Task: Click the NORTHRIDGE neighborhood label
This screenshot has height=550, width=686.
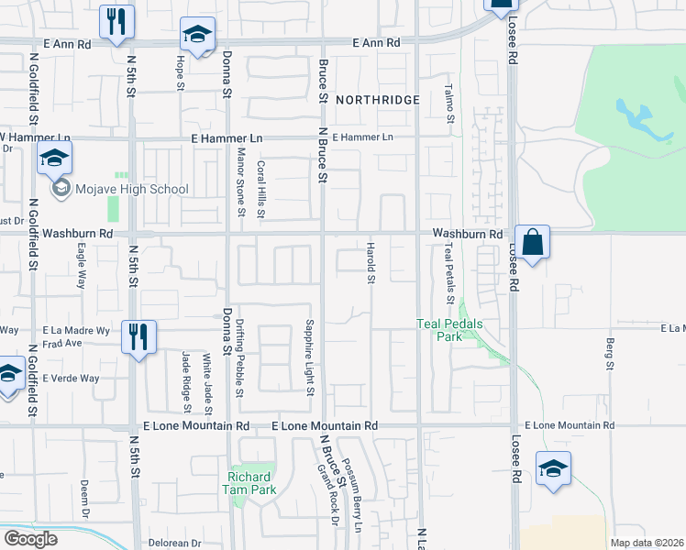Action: coord(377,99)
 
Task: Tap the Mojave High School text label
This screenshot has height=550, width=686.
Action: coord(131,190)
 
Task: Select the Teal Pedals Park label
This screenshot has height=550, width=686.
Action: coord(448,330)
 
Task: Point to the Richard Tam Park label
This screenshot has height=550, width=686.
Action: coord(249,483)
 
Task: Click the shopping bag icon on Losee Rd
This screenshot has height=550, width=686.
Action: coord(532,243)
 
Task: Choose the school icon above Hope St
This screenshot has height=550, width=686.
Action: coord(196,36)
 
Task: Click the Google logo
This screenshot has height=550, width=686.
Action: coord(30,539)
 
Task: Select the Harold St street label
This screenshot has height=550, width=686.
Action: coord(371,263)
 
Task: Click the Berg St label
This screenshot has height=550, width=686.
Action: coord(609,353)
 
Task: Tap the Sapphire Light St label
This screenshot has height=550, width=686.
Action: coord(310,357)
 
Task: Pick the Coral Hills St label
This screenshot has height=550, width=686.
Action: coord(260,190)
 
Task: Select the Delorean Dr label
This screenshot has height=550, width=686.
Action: coord(172,544)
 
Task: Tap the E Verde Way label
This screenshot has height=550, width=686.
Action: coord(71,378)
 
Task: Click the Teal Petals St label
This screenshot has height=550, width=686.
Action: coord(449,273)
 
